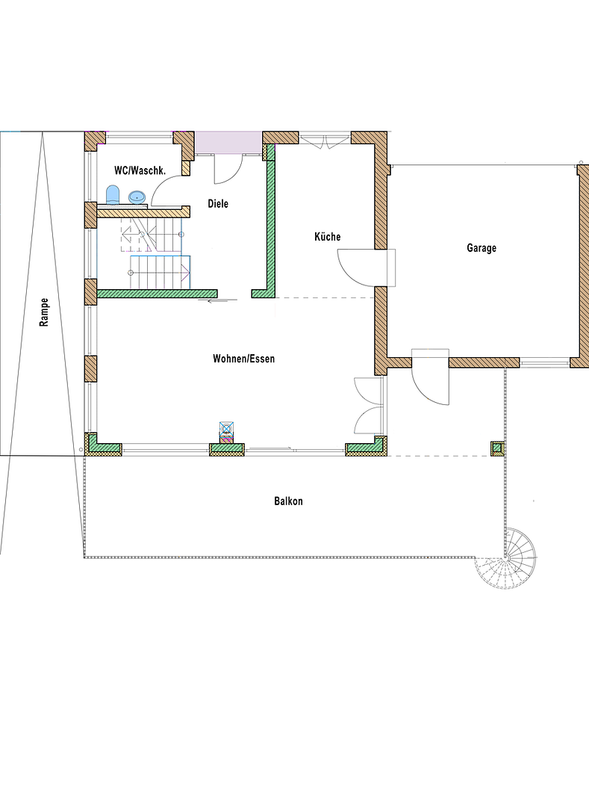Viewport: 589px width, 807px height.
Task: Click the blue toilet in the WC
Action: coord(113,195)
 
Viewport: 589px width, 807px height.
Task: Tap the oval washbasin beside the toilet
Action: coord(137,197)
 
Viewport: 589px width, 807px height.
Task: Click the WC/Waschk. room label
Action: coord(140,170)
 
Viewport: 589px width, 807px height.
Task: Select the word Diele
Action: coord(218,204)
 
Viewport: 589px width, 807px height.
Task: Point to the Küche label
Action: coord(328,237)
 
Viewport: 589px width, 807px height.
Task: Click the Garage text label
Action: coord(482,248)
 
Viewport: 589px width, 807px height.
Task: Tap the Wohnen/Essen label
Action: coord(243,359)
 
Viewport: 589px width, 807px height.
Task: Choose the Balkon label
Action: coord(288,501)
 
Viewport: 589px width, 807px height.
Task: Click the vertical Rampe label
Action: coord(44,312)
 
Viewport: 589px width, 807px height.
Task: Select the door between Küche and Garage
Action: coord(366,267)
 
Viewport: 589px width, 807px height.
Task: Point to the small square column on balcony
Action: coord(497,448)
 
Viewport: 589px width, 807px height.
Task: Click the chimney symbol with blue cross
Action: coord(227,429)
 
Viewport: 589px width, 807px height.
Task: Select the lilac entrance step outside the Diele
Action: coord(228,143)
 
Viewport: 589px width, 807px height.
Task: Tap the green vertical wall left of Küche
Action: coord(270,226)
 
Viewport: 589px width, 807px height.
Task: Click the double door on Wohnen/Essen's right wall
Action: coord(369,406)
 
